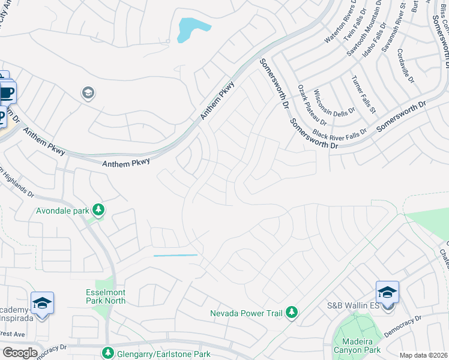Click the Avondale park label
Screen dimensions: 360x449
pyautogui.click(x=62, y=211)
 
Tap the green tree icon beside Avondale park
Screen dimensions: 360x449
pyautogui.click(x=98, y=210)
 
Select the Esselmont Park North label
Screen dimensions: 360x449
pyautogui.click(x=106, y=296)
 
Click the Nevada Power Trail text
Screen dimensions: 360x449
pyautogui.click(x=246, y=313)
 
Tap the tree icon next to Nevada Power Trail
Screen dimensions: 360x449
pyautogui.click(x=291, y=312)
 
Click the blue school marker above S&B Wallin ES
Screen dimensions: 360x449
pyautogui.click(x=387, y=293)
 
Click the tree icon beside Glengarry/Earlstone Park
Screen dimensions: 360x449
pyautogui.click(x=107, y=352)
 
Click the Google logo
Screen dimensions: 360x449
pyautogui.click(x=19, y=353)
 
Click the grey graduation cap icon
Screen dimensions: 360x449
pyautogui.click(x=88, y=93)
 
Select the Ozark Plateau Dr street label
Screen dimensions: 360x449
pyautogui.click(x=311, y=106)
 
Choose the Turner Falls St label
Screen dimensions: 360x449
pyautogui.click(x=363, y=94)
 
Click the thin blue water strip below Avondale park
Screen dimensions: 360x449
pyautogui.click(x=175, y=256)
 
